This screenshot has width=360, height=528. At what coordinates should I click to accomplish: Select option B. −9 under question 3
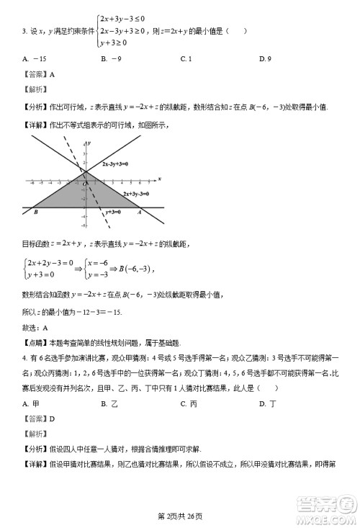coord(111,58)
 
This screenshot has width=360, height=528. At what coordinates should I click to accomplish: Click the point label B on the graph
coord(35,212)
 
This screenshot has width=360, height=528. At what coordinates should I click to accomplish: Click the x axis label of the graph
coord(159,177)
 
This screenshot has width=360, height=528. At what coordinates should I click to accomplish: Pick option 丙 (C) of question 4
coord(189,403)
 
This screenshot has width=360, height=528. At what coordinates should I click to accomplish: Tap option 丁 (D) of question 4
coord(269,403)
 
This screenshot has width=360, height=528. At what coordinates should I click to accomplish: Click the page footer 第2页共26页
coord(180,515)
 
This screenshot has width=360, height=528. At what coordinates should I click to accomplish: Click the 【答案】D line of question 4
coord(39,418)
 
